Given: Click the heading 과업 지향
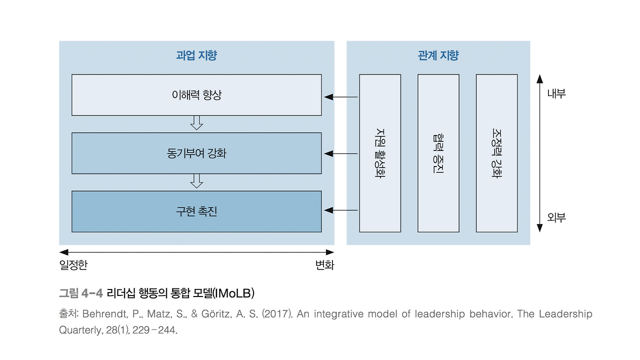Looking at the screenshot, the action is (196, 55).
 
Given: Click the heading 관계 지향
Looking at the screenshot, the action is (438, 55).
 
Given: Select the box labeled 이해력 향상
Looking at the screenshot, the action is (196, 95).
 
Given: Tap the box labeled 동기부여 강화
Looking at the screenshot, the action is (196, 153).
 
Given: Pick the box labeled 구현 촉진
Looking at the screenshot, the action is (196, 211).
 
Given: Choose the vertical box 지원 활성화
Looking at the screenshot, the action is (380, 153).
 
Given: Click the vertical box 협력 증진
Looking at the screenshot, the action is (438, 153).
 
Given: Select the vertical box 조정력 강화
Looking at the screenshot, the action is (497, 153).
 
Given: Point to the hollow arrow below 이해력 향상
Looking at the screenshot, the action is (196, 123).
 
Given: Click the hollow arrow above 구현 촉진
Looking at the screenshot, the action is (196, 181).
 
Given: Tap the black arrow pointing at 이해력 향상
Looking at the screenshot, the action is (341, 97).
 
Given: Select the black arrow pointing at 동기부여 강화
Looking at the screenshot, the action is (341, 153).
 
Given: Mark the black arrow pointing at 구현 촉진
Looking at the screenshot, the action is (341, 210).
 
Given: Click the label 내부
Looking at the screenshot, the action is (556, 93).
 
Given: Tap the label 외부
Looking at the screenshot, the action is (556, 217).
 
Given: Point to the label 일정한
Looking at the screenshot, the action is (73, 265).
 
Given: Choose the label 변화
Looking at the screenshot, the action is (324, 265).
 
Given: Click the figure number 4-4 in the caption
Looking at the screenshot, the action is (91, 293).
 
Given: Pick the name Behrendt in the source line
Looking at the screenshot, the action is (105, 313).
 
